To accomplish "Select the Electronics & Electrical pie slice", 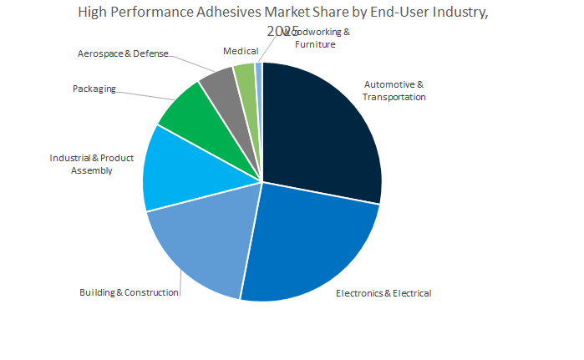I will click(309, 242).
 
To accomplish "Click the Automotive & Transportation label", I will click(394, 90).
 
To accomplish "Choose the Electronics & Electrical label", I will click(383, 293).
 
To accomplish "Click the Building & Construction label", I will click(129, 292).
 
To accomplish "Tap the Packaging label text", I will click(94, 89).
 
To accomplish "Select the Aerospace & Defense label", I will click(123, 53).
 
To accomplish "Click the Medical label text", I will click(241, 52).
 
